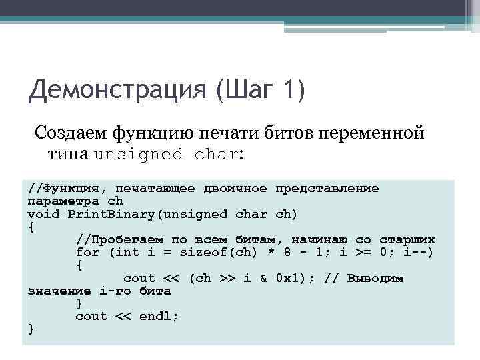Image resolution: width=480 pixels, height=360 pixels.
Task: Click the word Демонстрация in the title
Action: tap(117, 89)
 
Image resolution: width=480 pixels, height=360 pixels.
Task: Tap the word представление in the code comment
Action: tap(327, 189)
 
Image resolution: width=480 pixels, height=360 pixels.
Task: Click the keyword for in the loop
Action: tap(87, 253)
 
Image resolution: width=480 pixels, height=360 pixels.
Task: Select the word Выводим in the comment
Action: tap(375, 278)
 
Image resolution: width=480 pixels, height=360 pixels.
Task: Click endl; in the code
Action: tap(159, 317)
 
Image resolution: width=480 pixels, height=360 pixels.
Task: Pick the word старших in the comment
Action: tap(407, 240)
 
